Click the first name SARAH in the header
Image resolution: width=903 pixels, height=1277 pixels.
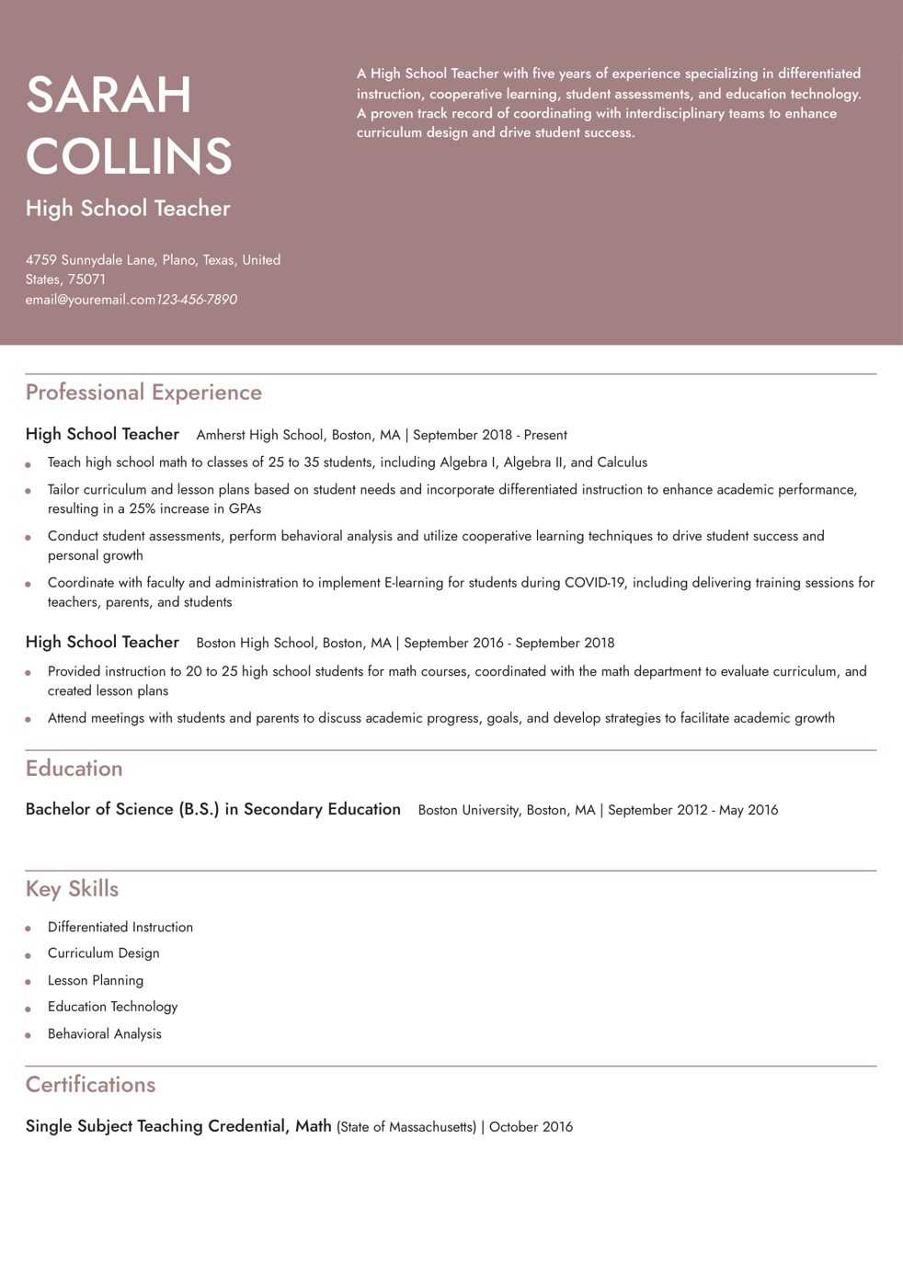click(x=109, y=95)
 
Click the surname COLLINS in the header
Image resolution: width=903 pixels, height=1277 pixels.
click(x=129, y=155)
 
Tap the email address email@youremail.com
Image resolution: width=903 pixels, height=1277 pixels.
click(x=90, y=300)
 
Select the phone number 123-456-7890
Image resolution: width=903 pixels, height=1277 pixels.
click(x=197, y=300)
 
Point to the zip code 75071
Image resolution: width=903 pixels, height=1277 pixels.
click(x=86, y=279)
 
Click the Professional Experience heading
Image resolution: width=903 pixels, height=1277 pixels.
click(x=143, y=393)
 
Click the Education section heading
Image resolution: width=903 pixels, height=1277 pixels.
click(x=74, y=769)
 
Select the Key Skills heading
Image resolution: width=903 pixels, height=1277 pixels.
click(x=72, y=889)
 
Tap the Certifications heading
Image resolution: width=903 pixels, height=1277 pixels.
click(x=90, y=1085)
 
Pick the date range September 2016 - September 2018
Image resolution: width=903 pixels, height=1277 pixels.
click(x=509, y=643)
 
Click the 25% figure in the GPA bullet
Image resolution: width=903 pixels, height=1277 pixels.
click(x=143, y=508)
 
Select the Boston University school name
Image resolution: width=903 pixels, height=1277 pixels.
click(x=468, y=810)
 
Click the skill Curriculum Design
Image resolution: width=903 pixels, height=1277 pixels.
click(x=103, y=953)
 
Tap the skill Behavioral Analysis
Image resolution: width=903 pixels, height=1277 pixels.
click(x=104, y=1034)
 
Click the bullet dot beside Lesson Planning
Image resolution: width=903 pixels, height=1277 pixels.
click(x=29, y=982)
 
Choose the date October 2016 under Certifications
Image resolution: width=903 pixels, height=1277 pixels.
click(x=531, y=1127)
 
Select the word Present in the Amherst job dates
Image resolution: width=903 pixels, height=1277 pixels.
click(x=545, y=435)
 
